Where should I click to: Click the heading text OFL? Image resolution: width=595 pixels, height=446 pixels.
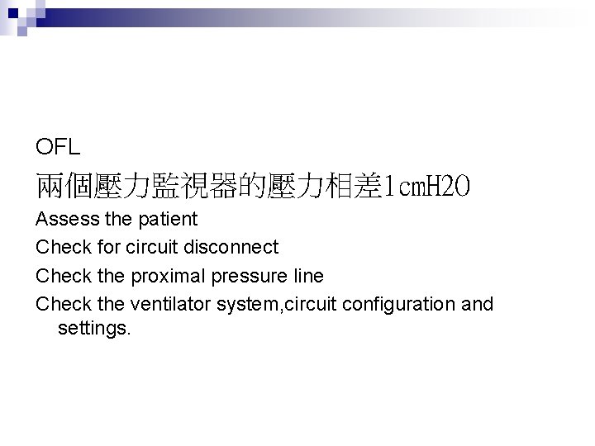click(x=58, y=148)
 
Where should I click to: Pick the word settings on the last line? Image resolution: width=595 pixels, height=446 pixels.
click(x=94, y=329)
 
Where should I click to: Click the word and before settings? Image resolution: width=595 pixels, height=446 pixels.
click(x=477, y=303)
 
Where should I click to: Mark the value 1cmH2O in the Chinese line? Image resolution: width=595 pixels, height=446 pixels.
click(x=426, y=187)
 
